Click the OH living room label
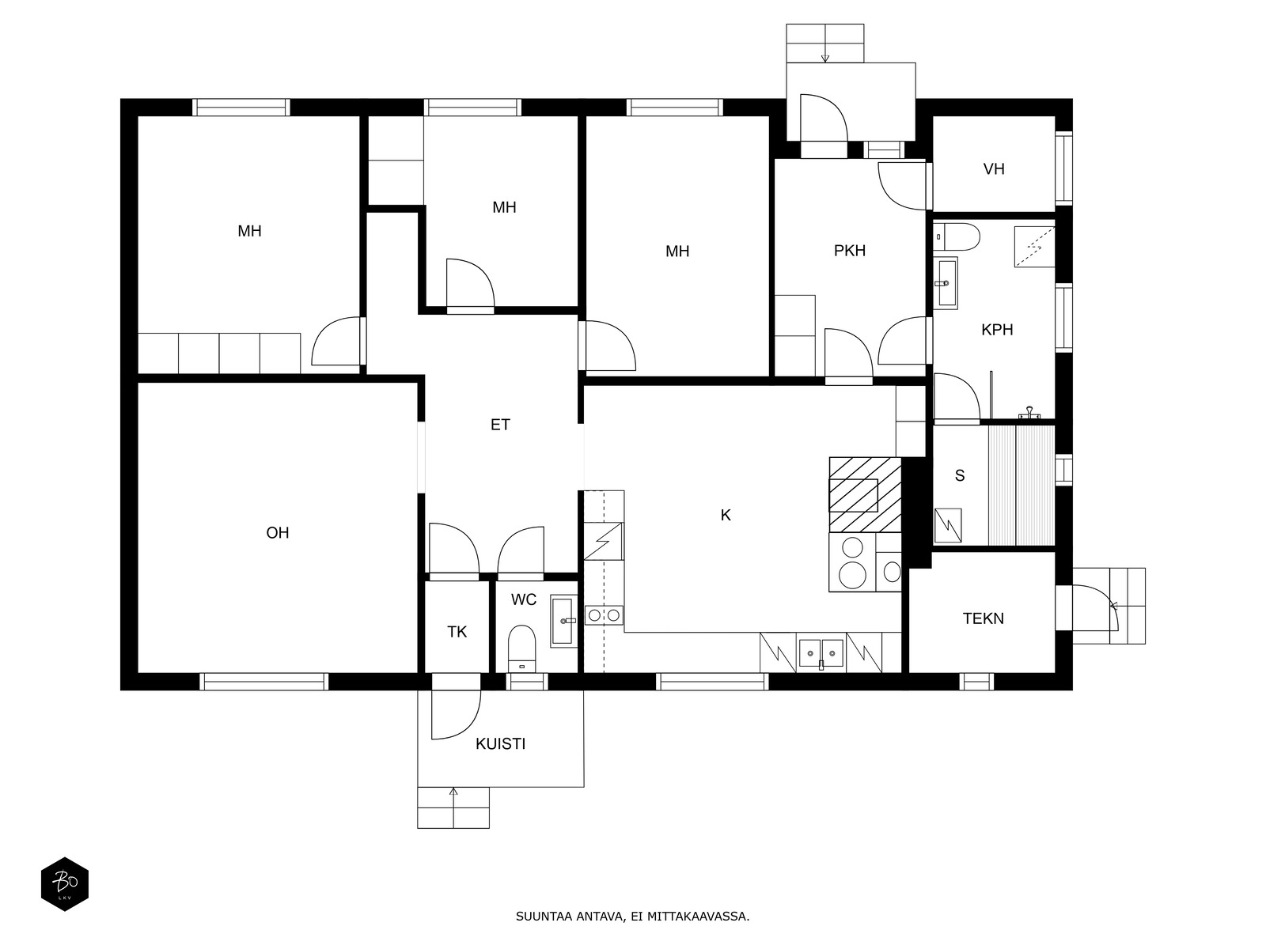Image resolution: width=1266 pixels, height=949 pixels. click(x=278, y=533)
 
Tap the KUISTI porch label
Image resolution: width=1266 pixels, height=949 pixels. click(x=500, y=744)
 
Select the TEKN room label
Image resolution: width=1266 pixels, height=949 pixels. click(x=983, y=618)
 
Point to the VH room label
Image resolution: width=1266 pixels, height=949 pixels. click(x=994, y=168)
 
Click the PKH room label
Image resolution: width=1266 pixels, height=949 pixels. click(x=850, y=251)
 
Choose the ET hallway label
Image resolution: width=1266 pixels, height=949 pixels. click(x=500, y=425)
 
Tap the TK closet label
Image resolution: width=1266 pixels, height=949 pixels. click(x=457, y=632)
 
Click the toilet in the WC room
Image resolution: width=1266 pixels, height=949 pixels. click(x=522, y=648)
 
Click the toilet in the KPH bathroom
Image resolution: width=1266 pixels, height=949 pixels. click(x=957, y=236)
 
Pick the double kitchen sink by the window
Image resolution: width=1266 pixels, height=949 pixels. click(x=821, y=653)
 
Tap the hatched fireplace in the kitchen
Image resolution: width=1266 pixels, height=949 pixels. click(x=865, y=494)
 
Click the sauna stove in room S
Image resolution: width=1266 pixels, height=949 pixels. click(x=948, y=525)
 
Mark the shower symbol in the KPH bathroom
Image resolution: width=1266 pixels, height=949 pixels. click(x=1035, y=247)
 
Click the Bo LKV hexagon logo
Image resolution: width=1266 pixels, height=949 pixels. click(x=65, y=884)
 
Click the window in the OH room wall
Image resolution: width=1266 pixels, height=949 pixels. click(x=264, y=682)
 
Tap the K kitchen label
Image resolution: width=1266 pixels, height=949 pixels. click(x=726, y=515)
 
